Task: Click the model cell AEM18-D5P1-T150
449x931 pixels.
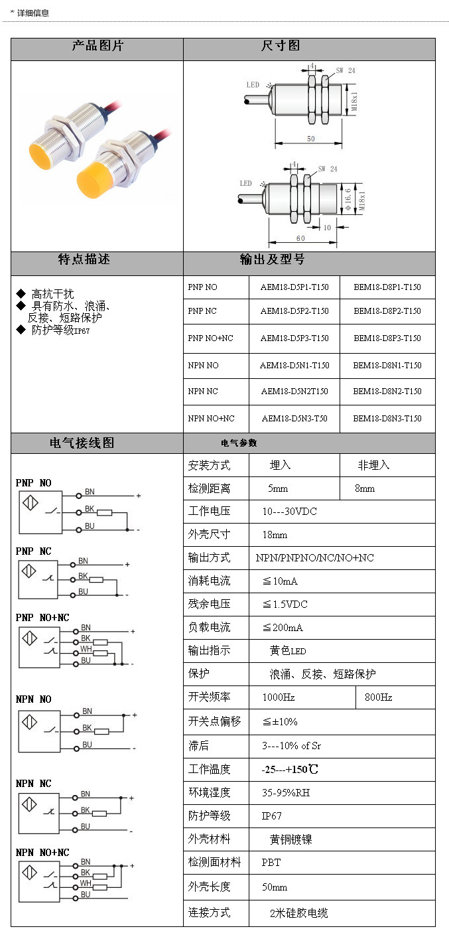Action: pos(294,287)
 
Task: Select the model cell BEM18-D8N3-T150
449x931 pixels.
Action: pos(387,419)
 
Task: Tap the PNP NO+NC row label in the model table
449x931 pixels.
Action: pos(211,338)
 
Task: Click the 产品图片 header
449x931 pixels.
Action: pos(97,46)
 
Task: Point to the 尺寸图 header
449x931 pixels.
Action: pos(281,46)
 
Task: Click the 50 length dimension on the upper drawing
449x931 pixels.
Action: pos(310,139)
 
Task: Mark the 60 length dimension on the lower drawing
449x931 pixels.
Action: pos(300,238)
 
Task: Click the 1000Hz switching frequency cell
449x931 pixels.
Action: pos(279,697)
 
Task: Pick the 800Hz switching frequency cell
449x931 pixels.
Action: pos(379,697)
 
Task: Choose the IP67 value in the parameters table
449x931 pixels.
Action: pos(272,816)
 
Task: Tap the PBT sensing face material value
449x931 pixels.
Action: pos(271,863)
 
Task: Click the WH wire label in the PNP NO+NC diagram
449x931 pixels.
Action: pos(86,650)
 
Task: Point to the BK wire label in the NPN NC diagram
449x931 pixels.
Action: pos(85,810)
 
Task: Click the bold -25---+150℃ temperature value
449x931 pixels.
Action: pos(290,770)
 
